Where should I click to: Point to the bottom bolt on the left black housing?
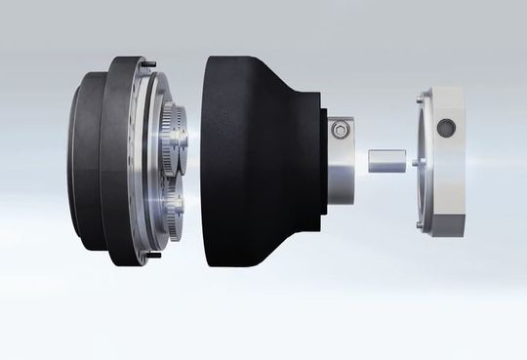[x=153, y=257]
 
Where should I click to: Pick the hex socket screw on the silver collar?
[x=339, y=129]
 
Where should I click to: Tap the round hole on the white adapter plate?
[x=447, y=126]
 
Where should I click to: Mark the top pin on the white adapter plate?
[x=419, y=95]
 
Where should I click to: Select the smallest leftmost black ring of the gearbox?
[x=83, y=161]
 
